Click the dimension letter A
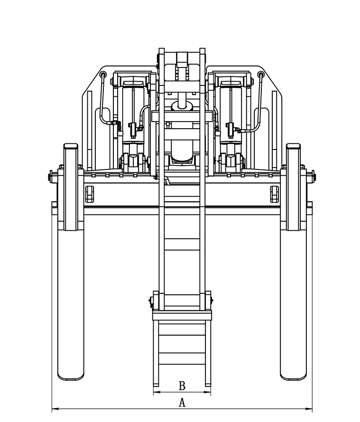tap(182, 403)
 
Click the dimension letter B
tap(182, 385)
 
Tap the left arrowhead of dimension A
tap(55, 409)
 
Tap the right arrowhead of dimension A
tap(309, 409)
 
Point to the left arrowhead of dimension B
tap(157, 392)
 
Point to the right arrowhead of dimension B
tap(207, 392)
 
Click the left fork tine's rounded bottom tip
tap(71, 378)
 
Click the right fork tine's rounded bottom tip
tap(293, 378)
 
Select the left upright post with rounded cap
tap(71, 187)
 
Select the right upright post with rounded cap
tap(293, 187)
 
